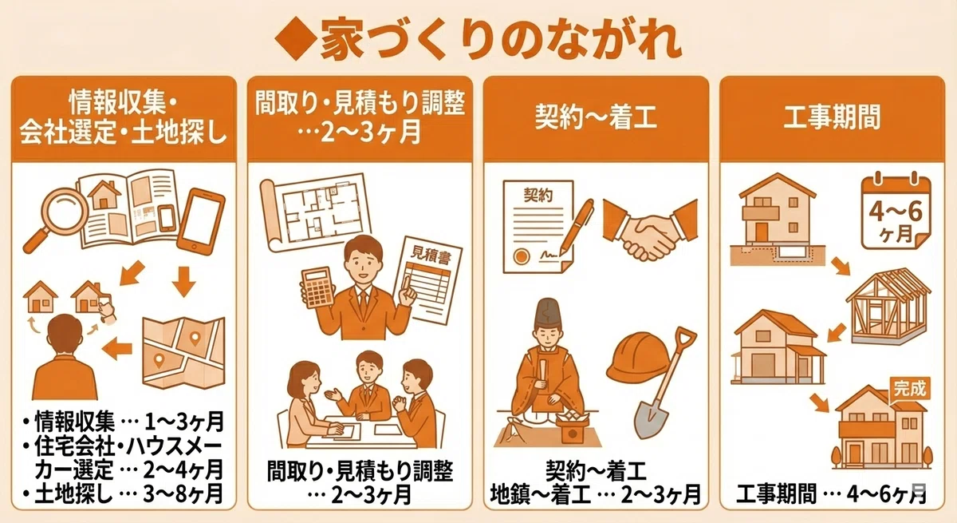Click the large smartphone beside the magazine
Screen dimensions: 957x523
(x=201, y=221)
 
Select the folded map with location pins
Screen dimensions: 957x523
(x=183, y=353)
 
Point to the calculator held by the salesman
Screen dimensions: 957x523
(x=317, y=287)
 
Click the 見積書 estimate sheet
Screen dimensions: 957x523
(x=427, y=280)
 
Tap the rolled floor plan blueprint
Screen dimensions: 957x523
(x=315, y=212)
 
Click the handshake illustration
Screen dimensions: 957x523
(x=650, y=230)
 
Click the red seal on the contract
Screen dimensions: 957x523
(x=521, y=256)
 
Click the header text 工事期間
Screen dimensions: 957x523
(x=832, y=117)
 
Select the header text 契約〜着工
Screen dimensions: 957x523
(x=596, y=117)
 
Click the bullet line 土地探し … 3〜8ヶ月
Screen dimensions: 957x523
(x=123, y=493)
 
